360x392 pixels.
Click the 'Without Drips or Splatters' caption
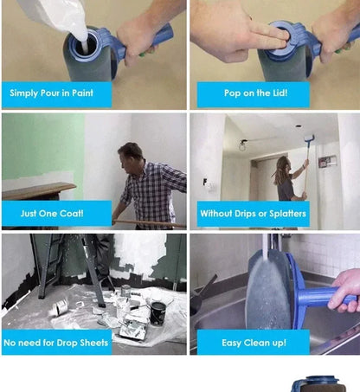252,213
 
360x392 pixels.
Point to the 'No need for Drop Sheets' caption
56,343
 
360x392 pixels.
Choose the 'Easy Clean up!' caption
253,343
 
